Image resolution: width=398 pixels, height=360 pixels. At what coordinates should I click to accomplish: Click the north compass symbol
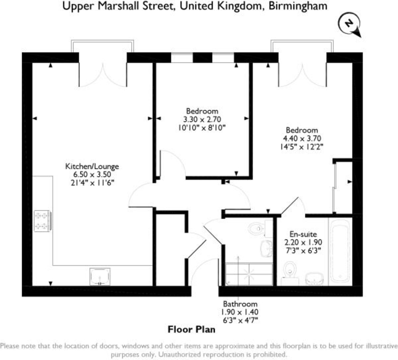[349, 24]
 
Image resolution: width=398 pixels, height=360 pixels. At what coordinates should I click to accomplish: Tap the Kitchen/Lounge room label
[92, 166]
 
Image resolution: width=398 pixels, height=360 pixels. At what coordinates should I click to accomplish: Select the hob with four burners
[42, 221]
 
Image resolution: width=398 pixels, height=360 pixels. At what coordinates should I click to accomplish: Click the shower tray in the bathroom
[249, 274]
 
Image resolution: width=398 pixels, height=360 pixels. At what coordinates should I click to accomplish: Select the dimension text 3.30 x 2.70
[202, 119]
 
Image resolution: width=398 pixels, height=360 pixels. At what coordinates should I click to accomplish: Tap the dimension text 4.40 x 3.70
[302, 138]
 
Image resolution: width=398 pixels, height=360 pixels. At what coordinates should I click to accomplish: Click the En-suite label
[303, 234]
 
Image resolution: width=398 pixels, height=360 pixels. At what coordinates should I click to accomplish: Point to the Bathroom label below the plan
[240, 304]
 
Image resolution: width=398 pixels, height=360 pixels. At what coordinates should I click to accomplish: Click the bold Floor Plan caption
[191, 330]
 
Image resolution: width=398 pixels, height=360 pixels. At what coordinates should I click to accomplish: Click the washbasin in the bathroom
[266, 248]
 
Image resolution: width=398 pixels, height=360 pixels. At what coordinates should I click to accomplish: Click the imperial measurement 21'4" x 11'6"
[92, 183]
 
